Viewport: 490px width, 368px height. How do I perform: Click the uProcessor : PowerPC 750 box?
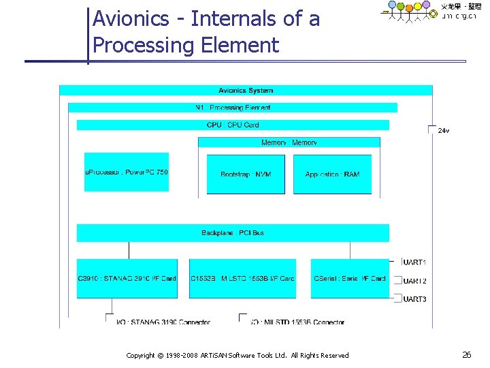127,172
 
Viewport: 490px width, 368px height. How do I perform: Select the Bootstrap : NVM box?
246,174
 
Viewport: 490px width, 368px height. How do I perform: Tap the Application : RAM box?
332,174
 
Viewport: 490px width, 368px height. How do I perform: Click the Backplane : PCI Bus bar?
233,233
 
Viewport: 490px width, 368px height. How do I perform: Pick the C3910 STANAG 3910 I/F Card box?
127,278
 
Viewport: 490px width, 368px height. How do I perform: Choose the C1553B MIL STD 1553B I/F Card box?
242,278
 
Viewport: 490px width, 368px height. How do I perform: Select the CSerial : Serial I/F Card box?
350,278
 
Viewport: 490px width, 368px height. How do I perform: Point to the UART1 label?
415,262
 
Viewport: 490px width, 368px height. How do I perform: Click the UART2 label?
415,281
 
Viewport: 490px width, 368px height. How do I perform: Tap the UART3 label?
415,298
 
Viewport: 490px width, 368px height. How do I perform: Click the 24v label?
443,130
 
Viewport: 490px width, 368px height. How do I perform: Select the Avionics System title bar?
246,90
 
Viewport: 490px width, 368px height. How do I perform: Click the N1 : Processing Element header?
233,108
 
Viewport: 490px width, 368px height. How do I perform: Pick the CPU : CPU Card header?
233,125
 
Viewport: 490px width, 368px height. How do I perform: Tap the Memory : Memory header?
289,142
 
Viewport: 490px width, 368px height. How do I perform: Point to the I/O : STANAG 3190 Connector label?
163,322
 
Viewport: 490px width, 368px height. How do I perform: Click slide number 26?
467,354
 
